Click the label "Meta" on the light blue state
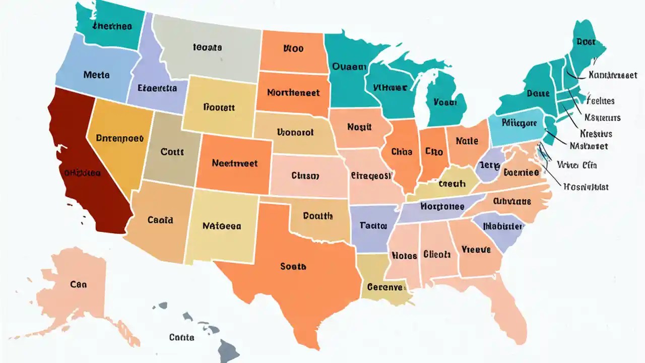click(x=96, y=75)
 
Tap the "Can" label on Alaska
click(x=78, y=284)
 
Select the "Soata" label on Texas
click(x=293, y=266)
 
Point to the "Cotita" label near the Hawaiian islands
click(x=182, y=337)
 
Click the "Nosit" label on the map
click(x=359, y=128)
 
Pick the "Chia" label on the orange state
click(x=402, y=151)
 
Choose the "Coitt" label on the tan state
click(x=172, y=151)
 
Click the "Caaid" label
click(x=160, y=220)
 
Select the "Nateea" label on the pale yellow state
click(x=222, y=226)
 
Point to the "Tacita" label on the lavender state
click(x=373, y=226)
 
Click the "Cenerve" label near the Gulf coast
click(x=386, y=287)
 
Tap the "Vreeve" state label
click(x=476, y=250)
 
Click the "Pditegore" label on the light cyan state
click(x=520, y=123)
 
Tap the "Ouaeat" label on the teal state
click(x=348, y=66)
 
